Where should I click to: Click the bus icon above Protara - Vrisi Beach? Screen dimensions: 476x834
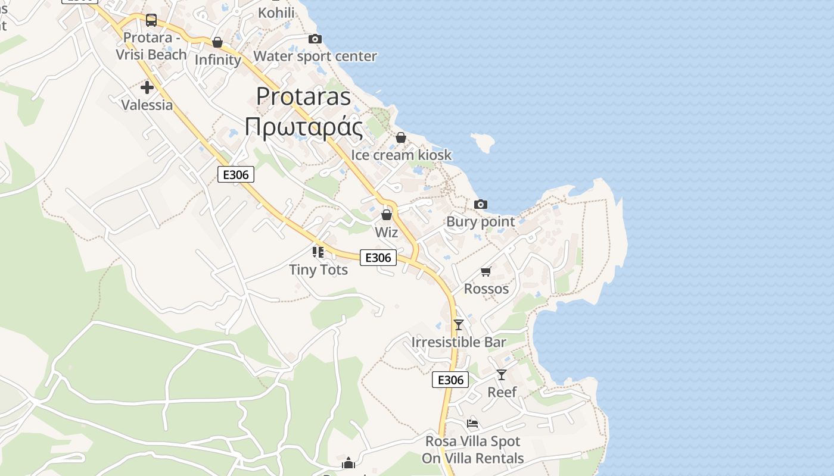[151, 20]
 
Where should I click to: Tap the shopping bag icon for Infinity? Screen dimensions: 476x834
[217, 42]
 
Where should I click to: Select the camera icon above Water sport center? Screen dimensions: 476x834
[315, 39]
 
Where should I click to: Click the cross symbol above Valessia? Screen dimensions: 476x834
[147, 88]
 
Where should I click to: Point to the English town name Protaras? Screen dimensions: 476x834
[303, 96]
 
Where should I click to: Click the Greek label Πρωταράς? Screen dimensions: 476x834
[303, 127]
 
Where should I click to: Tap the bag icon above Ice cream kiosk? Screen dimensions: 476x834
[401, 137]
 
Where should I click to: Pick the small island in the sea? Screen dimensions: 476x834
[483, 142]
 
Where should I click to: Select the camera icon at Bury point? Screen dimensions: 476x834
[481, 204]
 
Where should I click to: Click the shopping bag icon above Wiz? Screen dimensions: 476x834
[387, 215]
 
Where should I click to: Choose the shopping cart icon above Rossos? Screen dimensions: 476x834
[486, 272]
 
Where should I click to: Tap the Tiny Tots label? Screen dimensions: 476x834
[318, 270]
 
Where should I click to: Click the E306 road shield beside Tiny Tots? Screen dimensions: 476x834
[378, 258]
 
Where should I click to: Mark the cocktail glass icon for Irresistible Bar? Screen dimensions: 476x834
[459, 325]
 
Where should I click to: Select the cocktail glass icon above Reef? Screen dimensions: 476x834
[502, 375]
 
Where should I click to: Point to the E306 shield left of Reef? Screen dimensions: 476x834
[450, 380]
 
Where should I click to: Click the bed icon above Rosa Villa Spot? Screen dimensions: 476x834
[472, 424]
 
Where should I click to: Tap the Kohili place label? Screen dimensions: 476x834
[276, 12]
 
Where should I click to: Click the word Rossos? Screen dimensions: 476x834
[486, 289]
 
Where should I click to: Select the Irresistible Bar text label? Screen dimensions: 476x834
[459, 342]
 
